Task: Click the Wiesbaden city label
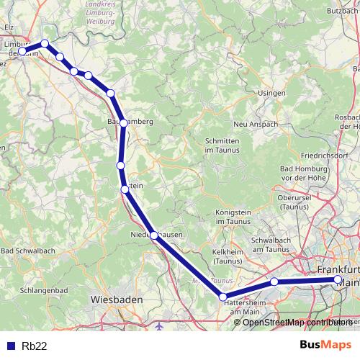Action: coord(117,299)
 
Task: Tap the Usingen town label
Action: coord(271,93)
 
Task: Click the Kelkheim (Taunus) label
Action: coord(228,256)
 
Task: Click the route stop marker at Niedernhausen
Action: coord(153,235)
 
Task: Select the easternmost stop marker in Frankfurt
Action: coord(338,279)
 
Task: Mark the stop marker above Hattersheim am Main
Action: coord(223,297)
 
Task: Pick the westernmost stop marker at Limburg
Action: coord(23,51)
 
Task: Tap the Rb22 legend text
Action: coord(35,346)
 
